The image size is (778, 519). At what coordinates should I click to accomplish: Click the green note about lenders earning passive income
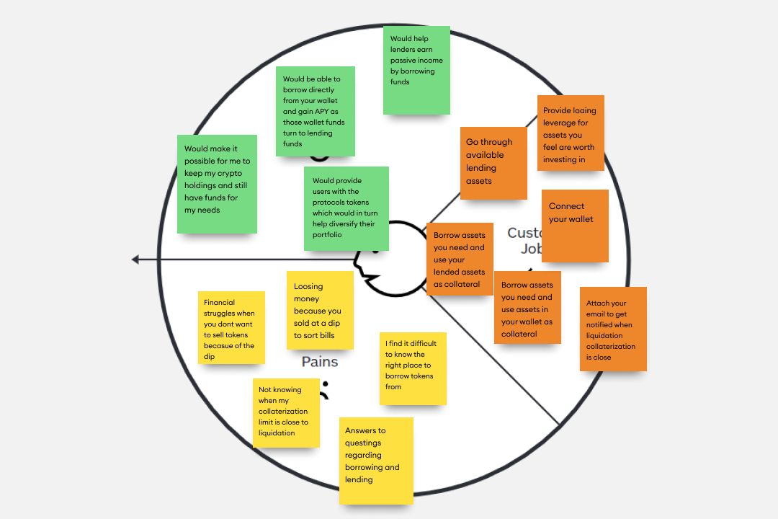[416, 70]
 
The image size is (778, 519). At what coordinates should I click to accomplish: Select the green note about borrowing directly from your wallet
[316, 111]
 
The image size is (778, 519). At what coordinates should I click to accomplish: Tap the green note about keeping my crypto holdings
[217, 184]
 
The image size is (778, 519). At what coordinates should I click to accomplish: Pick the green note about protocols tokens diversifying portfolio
[346, 208]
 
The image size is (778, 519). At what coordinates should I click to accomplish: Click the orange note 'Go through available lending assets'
[493, 163]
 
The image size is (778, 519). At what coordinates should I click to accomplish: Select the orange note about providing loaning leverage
[571, 133]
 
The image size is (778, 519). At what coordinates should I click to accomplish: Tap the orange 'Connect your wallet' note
[575, 226]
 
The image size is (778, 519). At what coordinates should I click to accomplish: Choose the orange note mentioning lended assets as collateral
[460, 259]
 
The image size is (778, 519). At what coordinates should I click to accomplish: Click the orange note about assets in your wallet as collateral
[527, 309]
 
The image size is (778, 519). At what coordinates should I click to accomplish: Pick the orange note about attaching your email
[613, 329]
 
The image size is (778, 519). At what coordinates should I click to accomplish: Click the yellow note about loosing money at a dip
[320, 310]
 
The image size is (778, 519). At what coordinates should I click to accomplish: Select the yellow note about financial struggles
[231, 327]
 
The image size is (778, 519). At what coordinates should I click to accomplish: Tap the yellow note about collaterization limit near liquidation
[286, 412]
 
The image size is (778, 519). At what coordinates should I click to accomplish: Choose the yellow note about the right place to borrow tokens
[413, 368]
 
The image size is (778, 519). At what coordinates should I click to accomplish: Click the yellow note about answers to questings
[376, 461]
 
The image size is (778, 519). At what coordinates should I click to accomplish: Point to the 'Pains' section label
[319, 362]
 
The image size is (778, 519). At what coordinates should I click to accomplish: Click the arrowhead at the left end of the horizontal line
[135, 259]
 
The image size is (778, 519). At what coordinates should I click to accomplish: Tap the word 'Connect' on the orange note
[567, 206]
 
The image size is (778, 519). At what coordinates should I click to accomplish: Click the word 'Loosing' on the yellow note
[308, 286]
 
